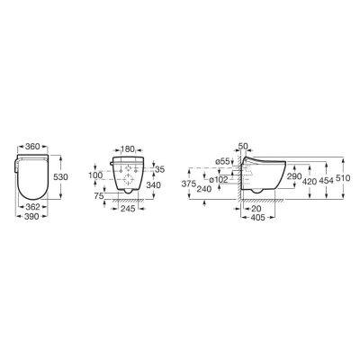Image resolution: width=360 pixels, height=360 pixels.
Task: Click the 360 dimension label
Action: click(x=32, y=147)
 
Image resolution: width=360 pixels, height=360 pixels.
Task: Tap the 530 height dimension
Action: click(x=60, y=177)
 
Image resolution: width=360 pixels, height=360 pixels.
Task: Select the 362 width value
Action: click(x=32, y=207)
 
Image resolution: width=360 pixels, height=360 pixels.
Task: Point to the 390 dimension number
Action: click(x=31, y=216)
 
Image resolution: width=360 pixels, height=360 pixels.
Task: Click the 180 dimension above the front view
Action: click(x=128, y=148)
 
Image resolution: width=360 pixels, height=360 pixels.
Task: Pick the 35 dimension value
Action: click(x=160, y=169)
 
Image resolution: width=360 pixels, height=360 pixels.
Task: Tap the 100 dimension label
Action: click(x=95, y=175)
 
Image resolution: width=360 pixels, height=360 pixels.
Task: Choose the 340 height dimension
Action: click(x=153, y=185)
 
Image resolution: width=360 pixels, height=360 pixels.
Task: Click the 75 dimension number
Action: click(x=99, y=196)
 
